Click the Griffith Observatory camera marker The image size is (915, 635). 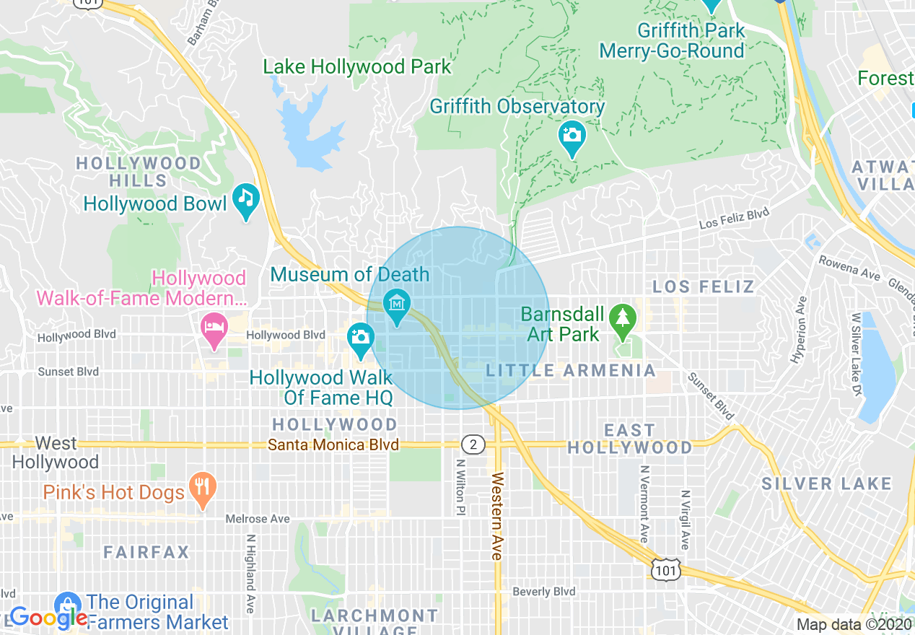[572, 134]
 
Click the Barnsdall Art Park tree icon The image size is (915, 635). [621, 318]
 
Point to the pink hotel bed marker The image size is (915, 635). [214, 328]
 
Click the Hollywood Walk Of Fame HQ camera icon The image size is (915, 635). [360, 337]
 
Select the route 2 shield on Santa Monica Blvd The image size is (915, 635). [473, 444]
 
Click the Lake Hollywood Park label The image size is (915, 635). [356, 67]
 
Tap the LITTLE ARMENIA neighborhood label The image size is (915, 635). [570, 371]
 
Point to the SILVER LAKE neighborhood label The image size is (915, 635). [826, 483]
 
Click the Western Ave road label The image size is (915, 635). [496, 516]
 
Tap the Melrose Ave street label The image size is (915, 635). [257, 519]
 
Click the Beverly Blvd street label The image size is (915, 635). [543, 592]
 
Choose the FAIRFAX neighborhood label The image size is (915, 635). [146, 553]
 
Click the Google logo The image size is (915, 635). [48, 618]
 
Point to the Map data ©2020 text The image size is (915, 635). [853, 625]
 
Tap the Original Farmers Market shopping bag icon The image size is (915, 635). [68, 603]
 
